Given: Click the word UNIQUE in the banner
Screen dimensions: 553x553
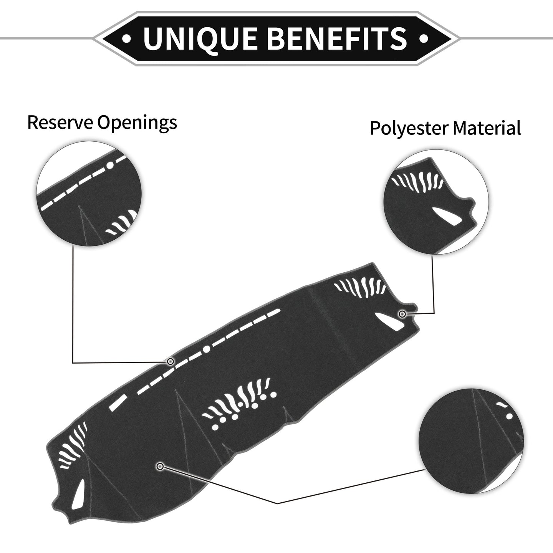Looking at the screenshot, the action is click(199, 38).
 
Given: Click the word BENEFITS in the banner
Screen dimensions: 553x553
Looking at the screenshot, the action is click(338, 38).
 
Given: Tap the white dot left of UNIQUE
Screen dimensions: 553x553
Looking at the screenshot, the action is click(126, 38).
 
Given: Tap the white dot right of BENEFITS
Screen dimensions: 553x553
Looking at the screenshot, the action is click(424, 38).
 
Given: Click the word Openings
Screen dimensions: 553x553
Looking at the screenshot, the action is click(137, 123).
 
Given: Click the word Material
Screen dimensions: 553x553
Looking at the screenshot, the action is click(487, 128).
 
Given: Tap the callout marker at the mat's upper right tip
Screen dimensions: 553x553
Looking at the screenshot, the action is click(402, 314).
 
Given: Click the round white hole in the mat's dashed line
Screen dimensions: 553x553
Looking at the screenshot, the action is click(206, 349).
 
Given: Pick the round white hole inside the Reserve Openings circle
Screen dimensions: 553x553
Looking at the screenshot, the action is click(110, 166).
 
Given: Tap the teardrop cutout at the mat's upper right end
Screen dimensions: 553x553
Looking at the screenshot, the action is click(389, 322).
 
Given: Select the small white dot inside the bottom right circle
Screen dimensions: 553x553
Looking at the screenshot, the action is click(510, 416).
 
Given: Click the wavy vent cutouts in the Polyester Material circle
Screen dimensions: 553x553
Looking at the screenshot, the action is click(417, 181).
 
